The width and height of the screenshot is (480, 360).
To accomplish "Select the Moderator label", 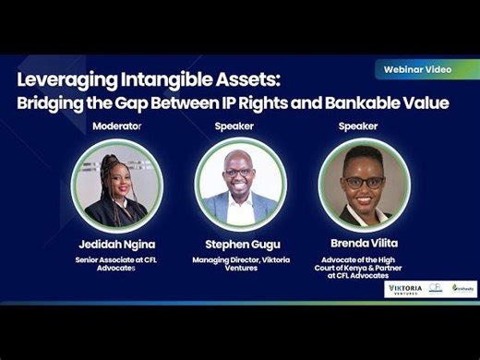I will click(117, 126).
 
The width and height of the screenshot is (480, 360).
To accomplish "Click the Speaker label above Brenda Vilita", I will click(358, 126).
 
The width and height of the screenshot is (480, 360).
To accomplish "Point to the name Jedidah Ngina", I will click(117, 244).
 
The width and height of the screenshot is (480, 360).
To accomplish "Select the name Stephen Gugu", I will click(240, 244).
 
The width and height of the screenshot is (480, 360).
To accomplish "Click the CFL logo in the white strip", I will click(436, 288).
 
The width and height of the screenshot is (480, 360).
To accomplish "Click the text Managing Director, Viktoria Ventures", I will click(240, 264).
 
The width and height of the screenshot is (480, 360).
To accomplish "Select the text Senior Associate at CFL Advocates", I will click(117, 264).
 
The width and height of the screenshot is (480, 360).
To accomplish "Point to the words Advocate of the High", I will click(364, 259).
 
